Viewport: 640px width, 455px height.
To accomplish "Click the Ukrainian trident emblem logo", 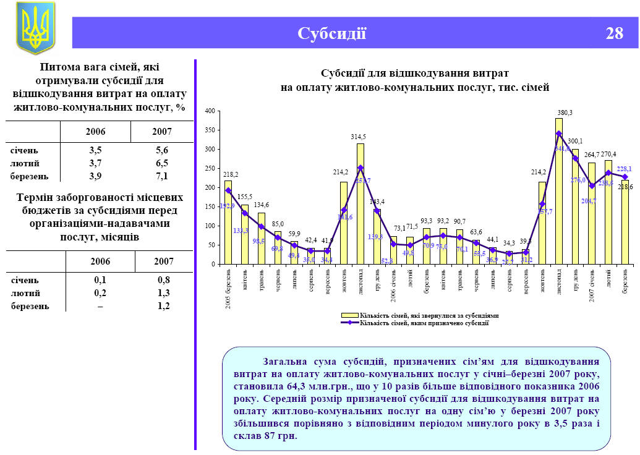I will (35, 28).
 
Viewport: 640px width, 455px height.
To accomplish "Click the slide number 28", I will (614, 33).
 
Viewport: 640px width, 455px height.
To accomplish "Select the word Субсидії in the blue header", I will (331, 33).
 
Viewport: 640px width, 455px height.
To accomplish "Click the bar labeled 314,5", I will (361, 204).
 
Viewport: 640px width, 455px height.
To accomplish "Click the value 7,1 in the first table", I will (162, 176).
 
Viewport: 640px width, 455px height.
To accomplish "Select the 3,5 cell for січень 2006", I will (95, 150).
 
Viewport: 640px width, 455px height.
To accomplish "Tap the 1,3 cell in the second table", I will (163, 293).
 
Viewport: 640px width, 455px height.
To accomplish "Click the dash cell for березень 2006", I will (100, 306).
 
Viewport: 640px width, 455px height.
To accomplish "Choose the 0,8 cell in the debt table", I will (163, 280).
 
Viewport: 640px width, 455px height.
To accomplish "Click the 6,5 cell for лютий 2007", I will (162, 163).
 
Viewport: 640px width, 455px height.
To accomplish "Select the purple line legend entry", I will (420, 323).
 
